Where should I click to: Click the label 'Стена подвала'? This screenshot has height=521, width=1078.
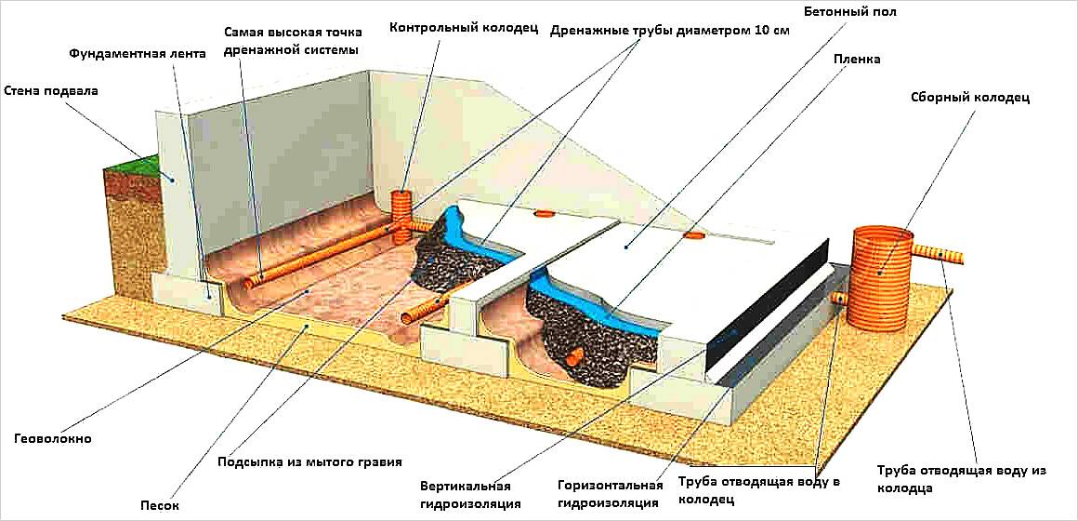[x=51, y=91]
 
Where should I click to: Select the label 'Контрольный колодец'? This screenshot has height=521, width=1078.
[x=464, y=28]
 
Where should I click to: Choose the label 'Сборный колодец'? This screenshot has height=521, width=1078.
[x=971, y=97]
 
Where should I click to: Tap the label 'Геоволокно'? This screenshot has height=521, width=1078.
[x=53, y=437]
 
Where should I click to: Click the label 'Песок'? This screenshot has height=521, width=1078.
[x=161, y=505]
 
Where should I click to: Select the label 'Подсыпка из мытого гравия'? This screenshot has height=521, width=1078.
[x=309, y=461]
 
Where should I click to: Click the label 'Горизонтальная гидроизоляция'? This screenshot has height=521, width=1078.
[x=610, y=495]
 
